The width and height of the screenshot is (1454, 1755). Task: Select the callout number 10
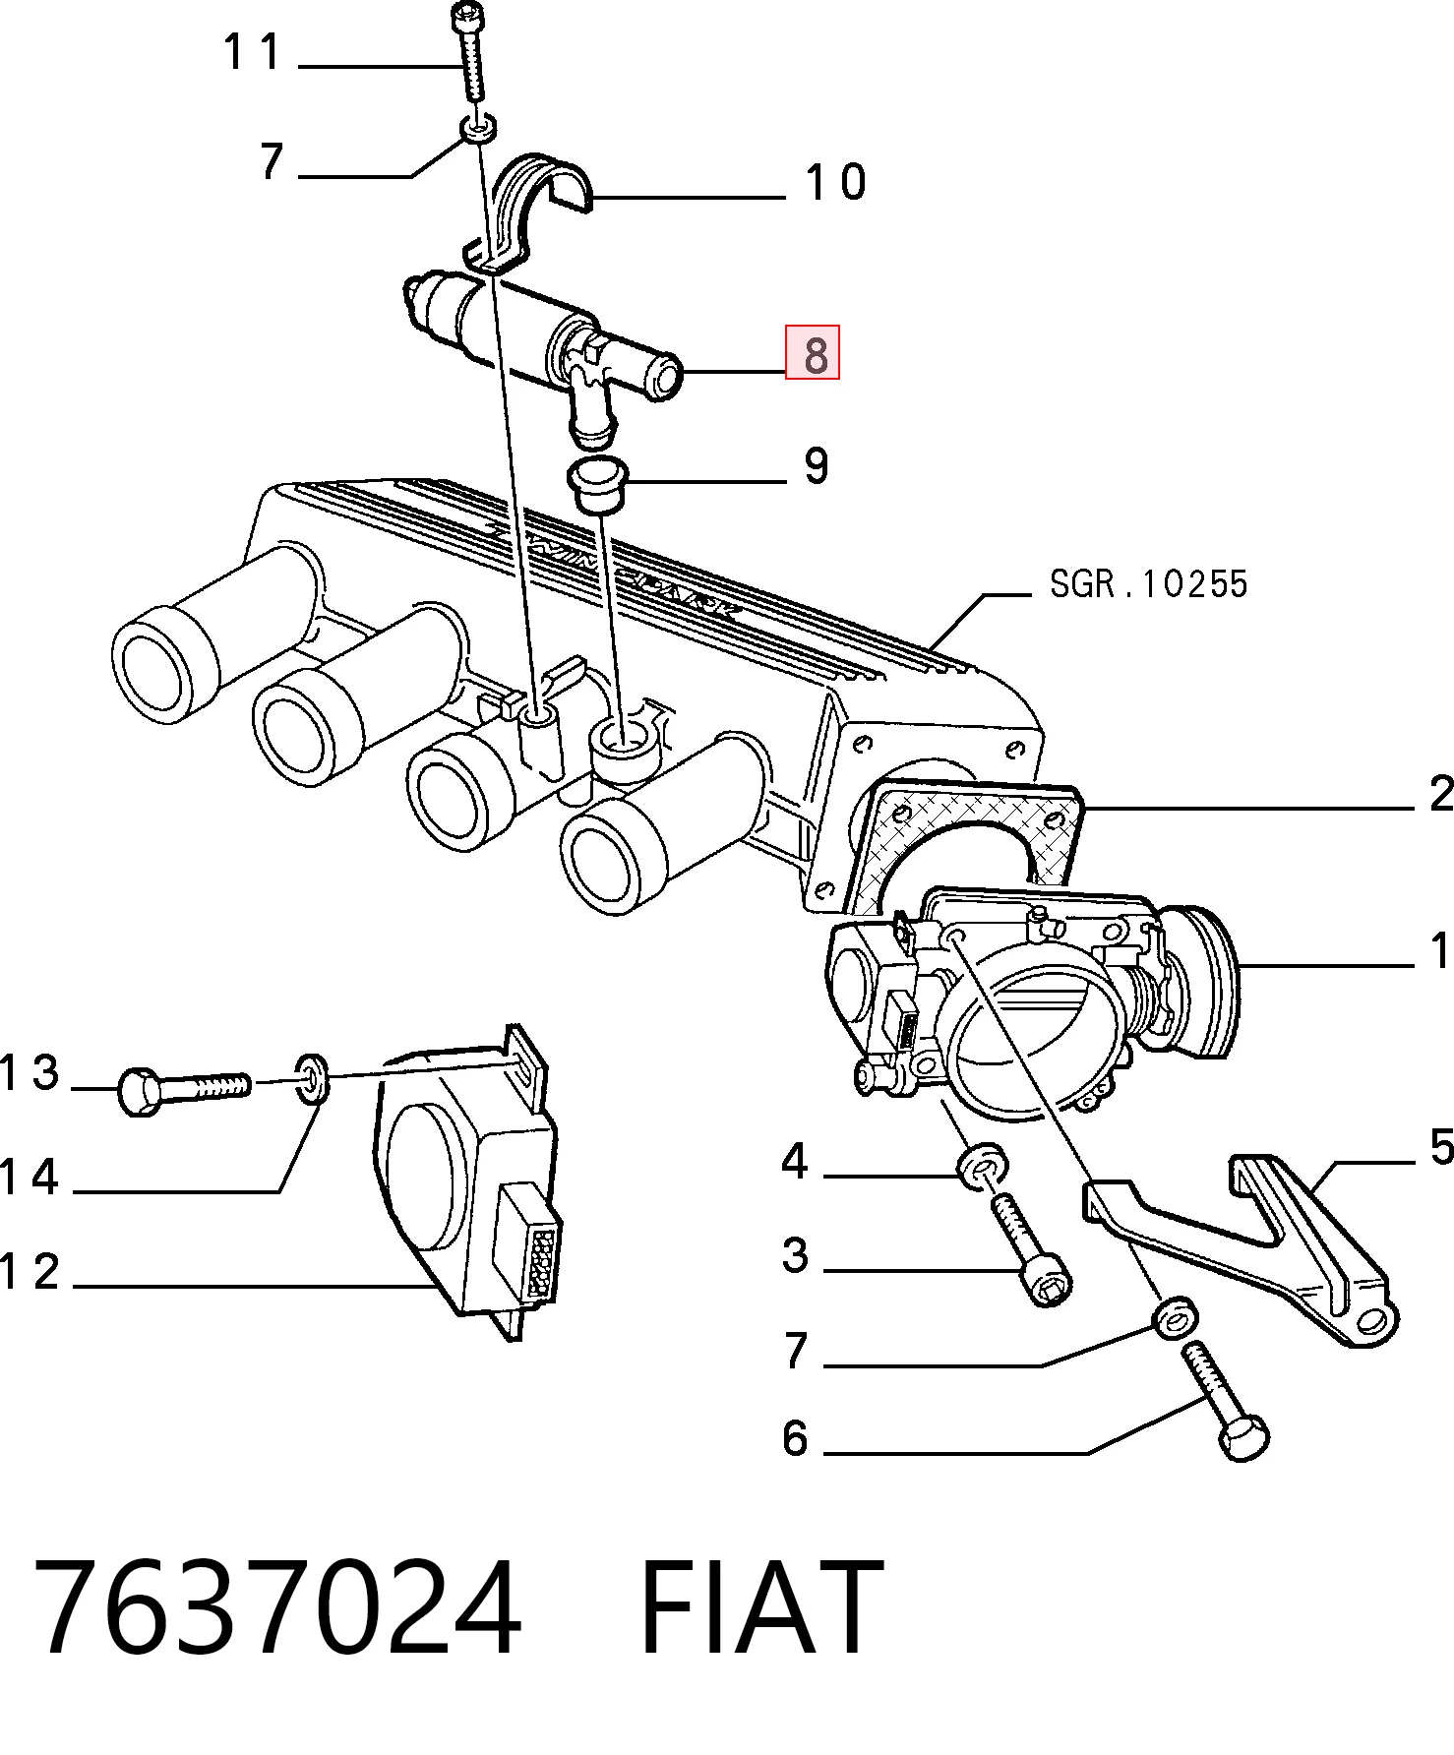tap(835, 183)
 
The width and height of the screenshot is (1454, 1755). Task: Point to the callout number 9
tap(816, 466)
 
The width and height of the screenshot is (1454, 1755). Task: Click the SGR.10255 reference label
tap(1148, 583)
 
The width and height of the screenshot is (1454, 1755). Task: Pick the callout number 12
tap(30, 1272)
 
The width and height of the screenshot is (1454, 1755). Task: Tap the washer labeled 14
tap(312, 1079)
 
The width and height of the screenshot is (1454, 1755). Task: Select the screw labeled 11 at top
tap(469, 51)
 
